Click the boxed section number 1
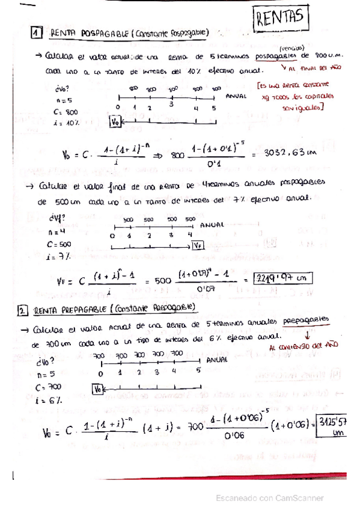(37, 33)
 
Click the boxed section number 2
(22, 310)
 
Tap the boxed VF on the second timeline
(198, 245)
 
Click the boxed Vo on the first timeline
(116, 121)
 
